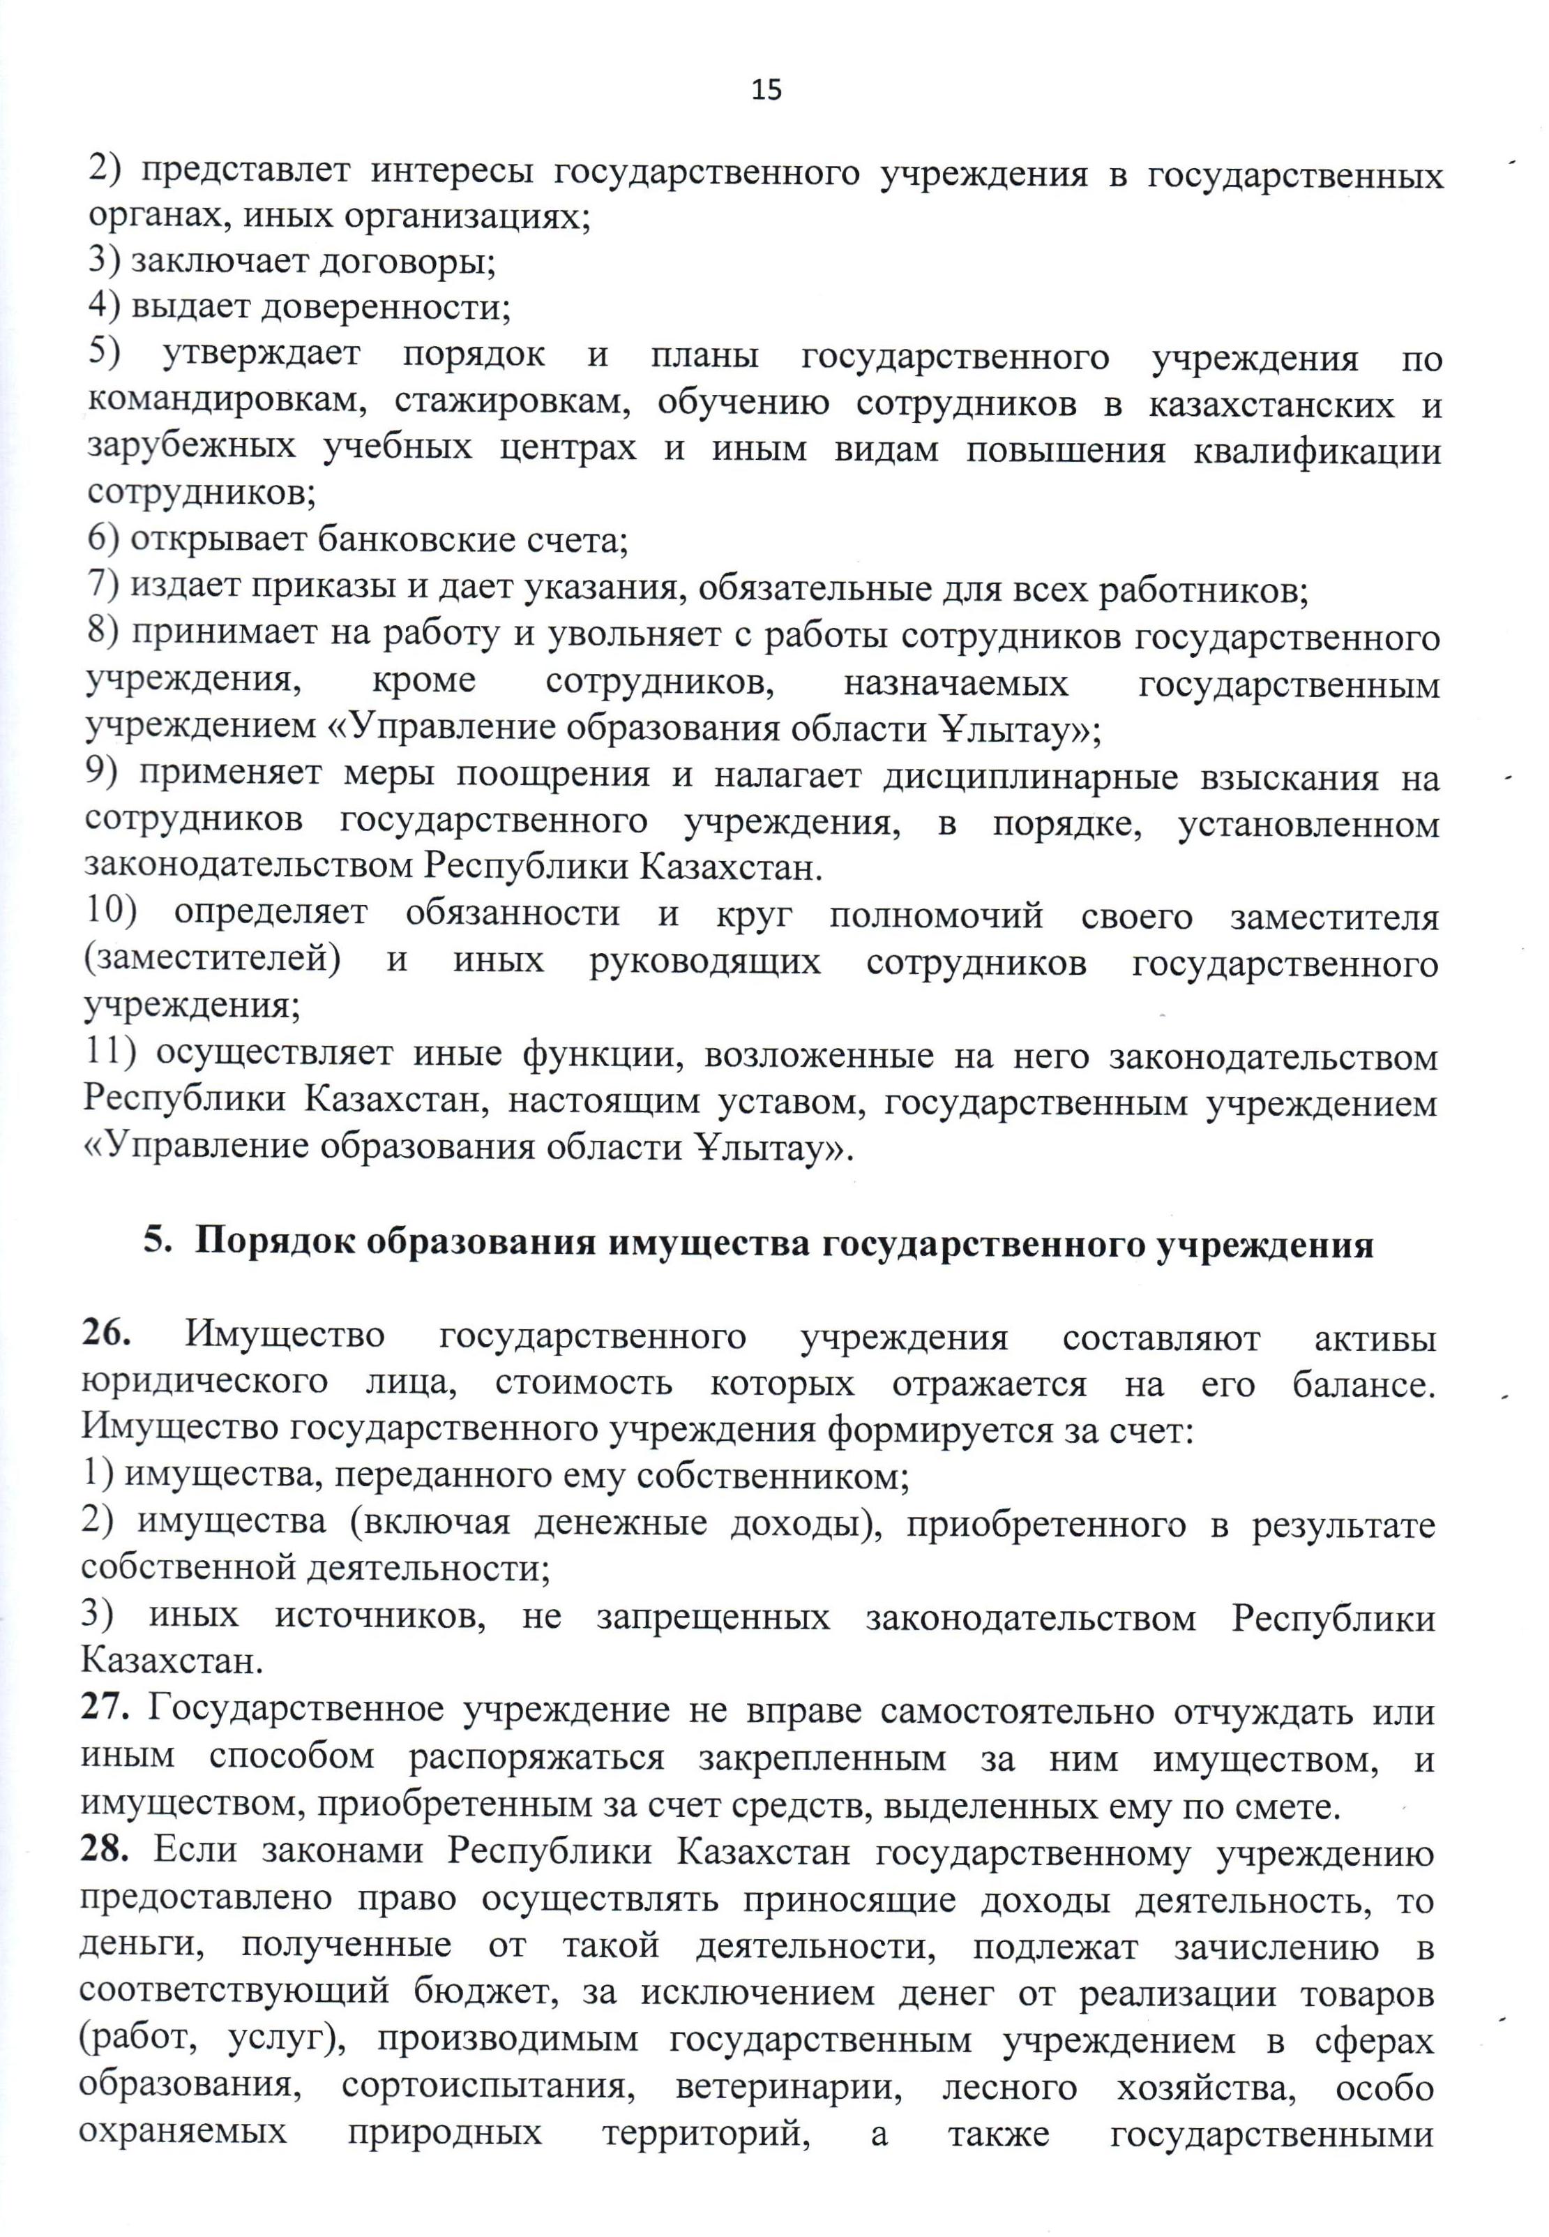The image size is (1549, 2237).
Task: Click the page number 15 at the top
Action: click(x=766, y=90)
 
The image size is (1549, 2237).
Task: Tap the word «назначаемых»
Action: click(x=956, y=682)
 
